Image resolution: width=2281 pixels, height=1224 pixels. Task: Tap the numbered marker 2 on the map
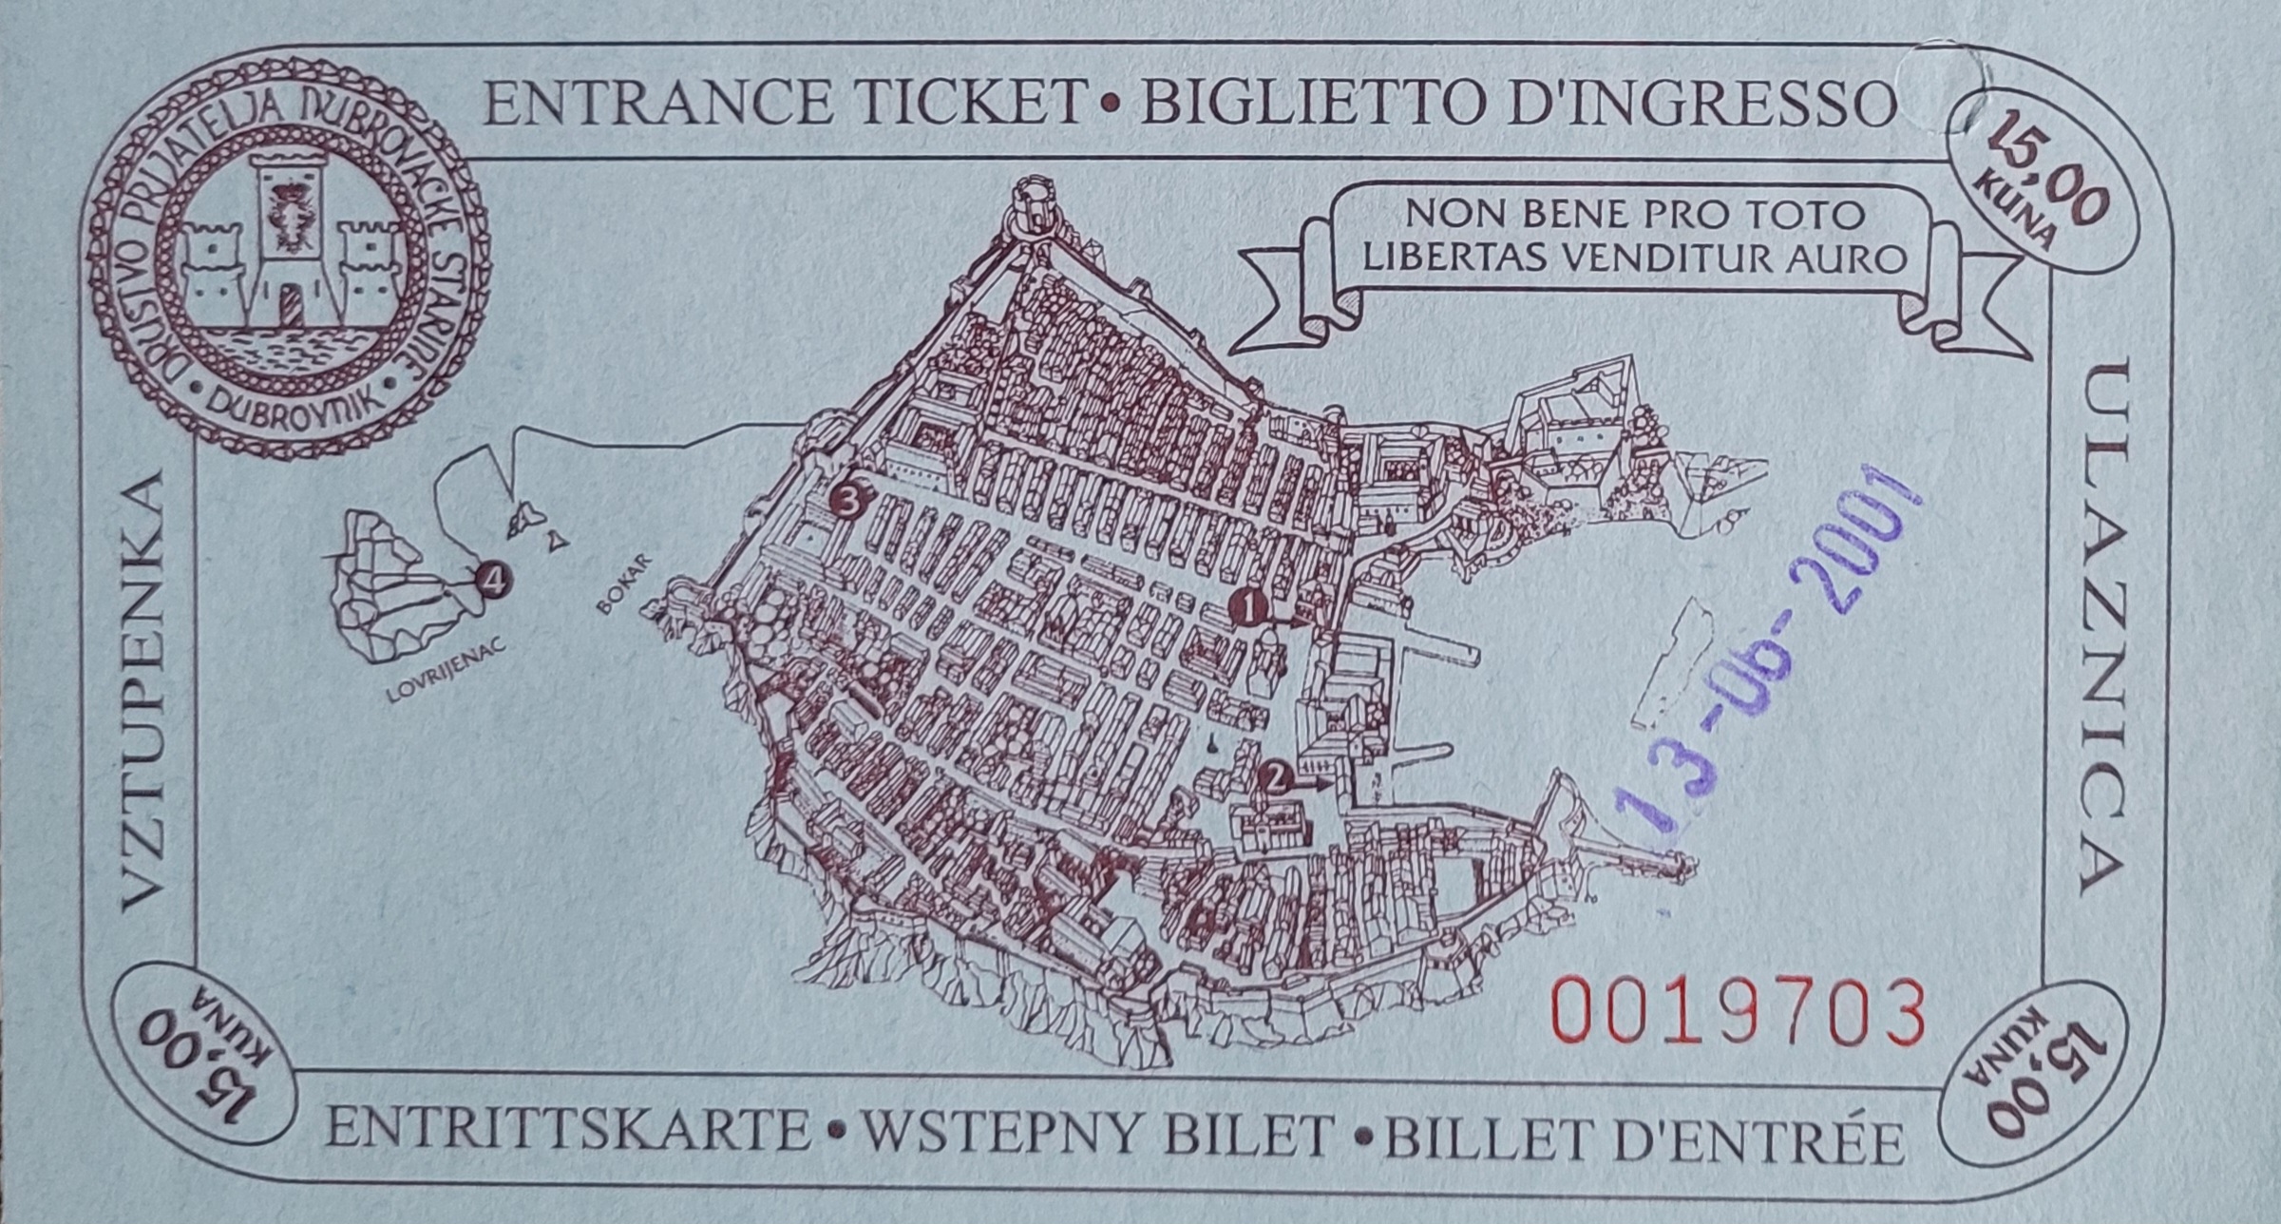click(x=1276, y=778)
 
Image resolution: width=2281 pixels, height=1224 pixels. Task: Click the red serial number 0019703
click(x=1738, y=1011)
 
